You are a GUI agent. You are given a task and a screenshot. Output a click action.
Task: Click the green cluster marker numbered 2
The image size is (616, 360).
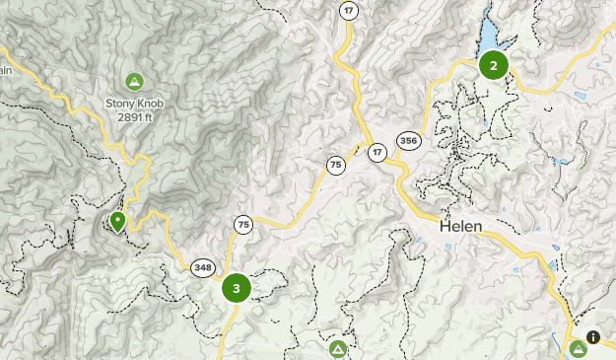click(x=493, y=66)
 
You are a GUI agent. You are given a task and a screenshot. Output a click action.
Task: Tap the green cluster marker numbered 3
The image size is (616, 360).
click(x=236, y=289)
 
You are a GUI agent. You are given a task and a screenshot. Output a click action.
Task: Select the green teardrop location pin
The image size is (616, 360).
click(x=118, y=221)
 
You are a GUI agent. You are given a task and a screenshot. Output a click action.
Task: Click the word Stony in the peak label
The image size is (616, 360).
click(x=121, y=102)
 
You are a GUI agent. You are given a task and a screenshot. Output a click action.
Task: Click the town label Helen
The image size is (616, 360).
click(x=461, y=226)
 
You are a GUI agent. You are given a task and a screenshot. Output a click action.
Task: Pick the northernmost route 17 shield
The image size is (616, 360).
click(x=348, y=11)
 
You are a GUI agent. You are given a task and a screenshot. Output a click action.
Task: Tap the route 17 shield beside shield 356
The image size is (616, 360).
click(x=377, y=153)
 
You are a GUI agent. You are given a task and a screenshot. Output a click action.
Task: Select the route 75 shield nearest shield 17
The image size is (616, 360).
click(x=336, y=166)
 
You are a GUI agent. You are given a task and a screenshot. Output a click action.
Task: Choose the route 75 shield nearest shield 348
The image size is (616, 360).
click(x=242, y=225)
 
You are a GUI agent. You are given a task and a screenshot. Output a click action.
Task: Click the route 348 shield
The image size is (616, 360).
click(x=203, y=267)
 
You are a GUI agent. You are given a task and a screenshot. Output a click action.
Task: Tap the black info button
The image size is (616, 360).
click(x=593, y=337)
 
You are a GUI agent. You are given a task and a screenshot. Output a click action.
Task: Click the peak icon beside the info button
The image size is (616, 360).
click(x=579, y=348)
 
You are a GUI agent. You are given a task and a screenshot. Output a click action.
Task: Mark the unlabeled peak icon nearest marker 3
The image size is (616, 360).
click(x=337, y=348)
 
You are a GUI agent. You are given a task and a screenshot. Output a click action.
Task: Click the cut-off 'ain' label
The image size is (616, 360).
click(x=5, y=69)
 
